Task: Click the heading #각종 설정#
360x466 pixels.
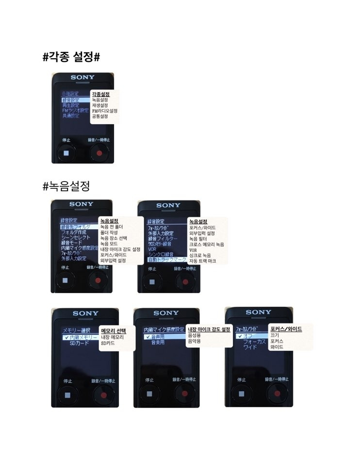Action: [71, 57]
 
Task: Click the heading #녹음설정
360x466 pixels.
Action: [66, 186]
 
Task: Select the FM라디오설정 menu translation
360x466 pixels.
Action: [104, 111]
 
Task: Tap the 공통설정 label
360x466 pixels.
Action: [99, 116]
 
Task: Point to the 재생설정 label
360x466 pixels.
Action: [99, 105]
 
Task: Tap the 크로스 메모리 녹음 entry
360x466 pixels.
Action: [206, 244]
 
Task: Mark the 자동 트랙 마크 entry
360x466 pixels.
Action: [202, 261]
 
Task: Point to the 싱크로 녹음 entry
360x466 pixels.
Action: [201, 255]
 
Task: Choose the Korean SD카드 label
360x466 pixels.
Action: [108, 343]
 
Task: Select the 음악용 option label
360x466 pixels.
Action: [194, 341]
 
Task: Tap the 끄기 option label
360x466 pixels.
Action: [275, 335]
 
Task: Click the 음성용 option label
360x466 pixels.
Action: [194, 335]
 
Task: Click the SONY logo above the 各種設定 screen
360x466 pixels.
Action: [82, 78]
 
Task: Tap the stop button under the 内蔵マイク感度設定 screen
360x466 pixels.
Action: [149, 395]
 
